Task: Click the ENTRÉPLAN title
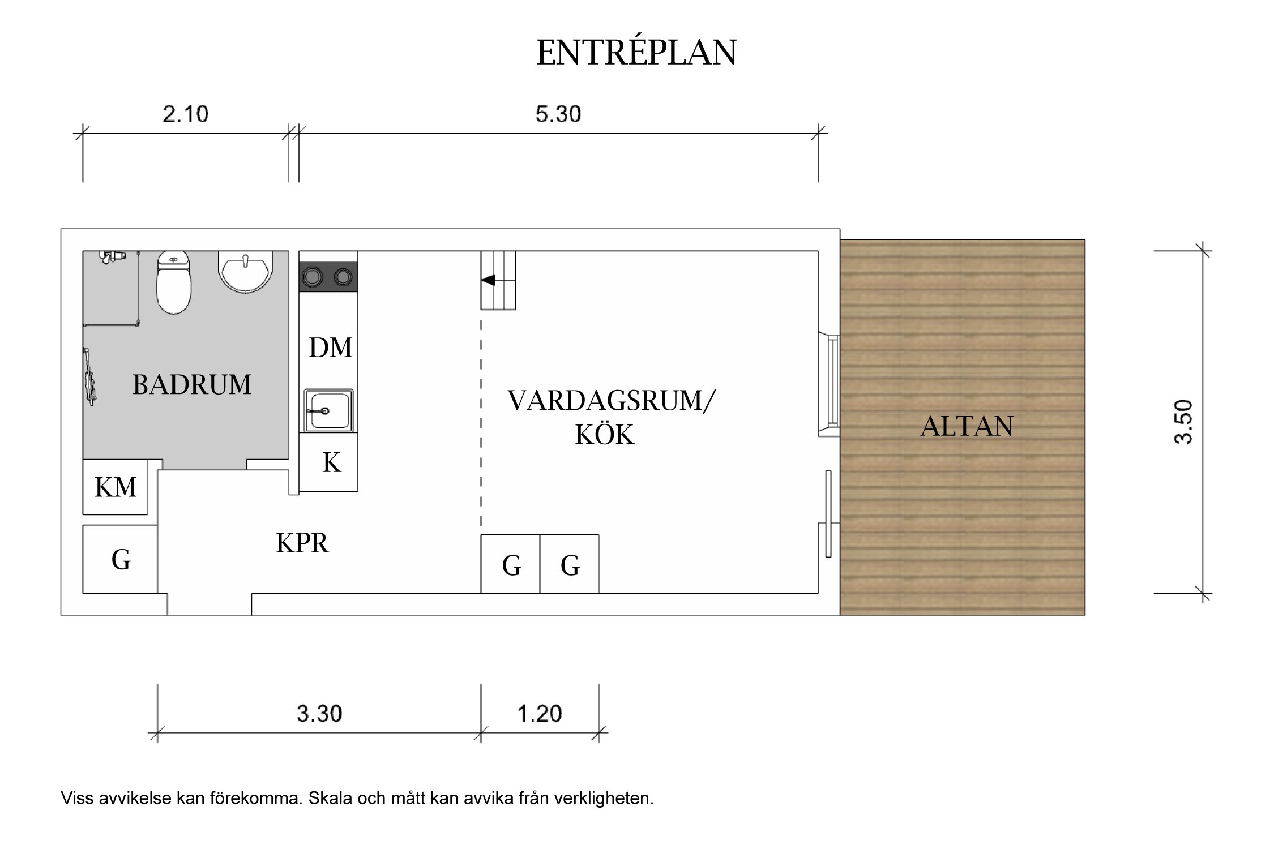(636, 53)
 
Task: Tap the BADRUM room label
(191, 385)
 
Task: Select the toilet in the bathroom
(173, 282)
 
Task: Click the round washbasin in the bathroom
(246, 271)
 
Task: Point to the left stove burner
(312, 277)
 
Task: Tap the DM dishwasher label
(330, 348)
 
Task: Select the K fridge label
(331, 463)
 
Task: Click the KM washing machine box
(115, 487)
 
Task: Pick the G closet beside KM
(121, 560)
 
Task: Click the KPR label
(302, 543)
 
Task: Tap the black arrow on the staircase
(488, 280)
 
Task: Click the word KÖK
(604, 435)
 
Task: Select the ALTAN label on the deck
(967, 426)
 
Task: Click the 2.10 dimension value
(185, 114)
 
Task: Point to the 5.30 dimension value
(558, 114)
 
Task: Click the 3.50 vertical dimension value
(1183, 422)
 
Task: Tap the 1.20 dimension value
(539, 714)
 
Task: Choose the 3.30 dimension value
(319, 714)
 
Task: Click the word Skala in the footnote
(331, 799)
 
